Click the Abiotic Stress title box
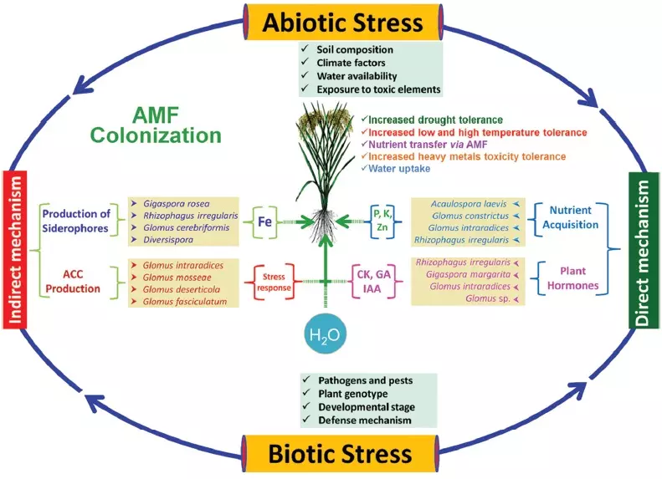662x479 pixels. tap(343, 23)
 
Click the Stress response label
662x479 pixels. tap(275, 283)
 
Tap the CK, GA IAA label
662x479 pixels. tap(370, 281)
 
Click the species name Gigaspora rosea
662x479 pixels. tap(177, 204)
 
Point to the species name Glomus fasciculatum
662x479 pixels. tap(185, 302)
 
